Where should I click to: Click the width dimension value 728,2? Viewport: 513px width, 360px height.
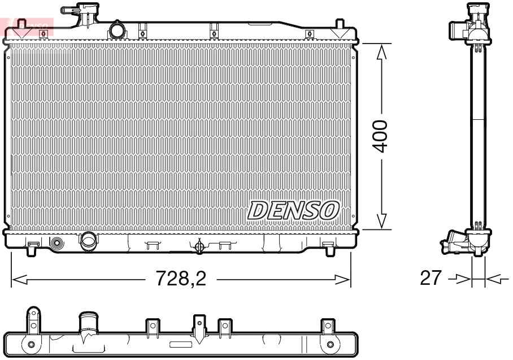(181, 279)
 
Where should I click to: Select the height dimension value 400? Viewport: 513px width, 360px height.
(382, 136)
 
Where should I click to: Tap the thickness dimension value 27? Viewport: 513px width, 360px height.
(431, 278)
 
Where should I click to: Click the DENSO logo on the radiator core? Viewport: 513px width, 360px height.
(293, 210)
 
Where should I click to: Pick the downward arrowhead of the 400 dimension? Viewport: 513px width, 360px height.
(382, 222)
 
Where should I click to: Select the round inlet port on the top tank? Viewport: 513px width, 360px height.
(117, 29)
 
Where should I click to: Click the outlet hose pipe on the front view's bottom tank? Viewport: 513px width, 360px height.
(89, 241)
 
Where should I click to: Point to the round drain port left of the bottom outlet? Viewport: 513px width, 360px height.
(57, 244)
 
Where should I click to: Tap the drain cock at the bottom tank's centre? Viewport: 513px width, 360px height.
(198, 246)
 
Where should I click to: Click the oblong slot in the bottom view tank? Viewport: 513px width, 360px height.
(181, 344)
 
